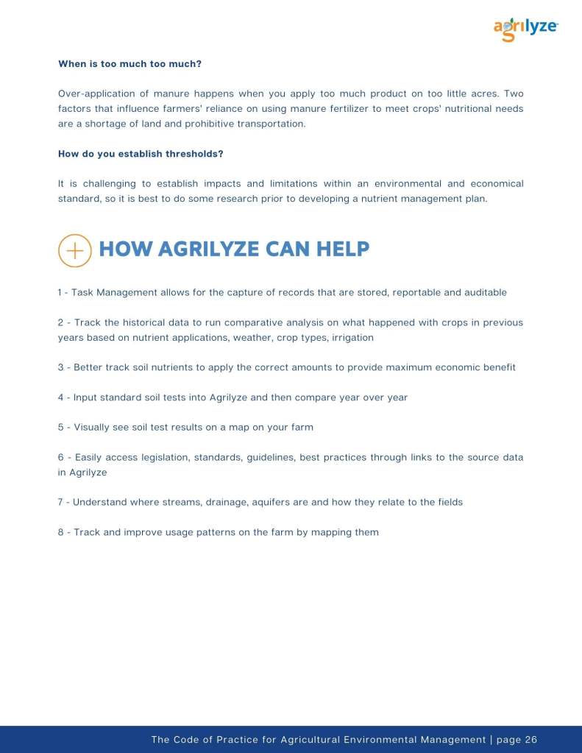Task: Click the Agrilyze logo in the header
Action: pyautogui.click(x=525, y=29)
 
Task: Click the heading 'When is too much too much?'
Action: pyautogui.click(x=129, y=64)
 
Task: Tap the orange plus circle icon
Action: pyautogui.click(x=74, y=250)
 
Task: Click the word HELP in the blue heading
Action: pyautogui.click(x=343, y=250)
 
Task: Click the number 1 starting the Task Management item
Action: pyautogui.click(x=60, y=292)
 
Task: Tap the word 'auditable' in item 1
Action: pyautogui.click(x=482, y=292)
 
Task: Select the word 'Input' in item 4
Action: pyautogui.click(x=87, y=397)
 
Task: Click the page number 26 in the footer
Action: pyautogui.click(x=531, y=740)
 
